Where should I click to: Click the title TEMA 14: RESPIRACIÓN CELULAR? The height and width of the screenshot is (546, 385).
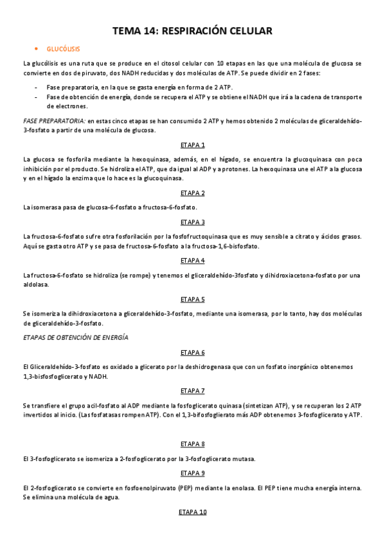pyautogui.click(x=192, y=30)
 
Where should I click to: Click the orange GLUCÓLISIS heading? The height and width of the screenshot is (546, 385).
pyautogui.click(x=64, y=49)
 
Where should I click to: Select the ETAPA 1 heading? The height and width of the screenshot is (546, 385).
pyautogui.click(x=193, y=145)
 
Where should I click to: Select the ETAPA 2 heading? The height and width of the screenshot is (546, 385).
pyautogui.click(x=193, y=193)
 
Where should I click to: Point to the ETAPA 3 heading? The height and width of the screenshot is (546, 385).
pyautogui.click(x=193, y=222)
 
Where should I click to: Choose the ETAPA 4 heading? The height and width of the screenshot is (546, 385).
pyautogui.click(x=193, y=261)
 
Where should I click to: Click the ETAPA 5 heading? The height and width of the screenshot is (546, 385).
pyautogui.click(x=193, y=299)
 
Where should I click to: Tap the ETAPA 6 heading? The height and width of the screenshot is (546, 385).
pyautogui.click(x=193, y=353)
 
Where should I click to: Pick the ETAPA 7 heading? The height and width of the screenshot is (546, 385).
pyautogui.click(x=193, y=391)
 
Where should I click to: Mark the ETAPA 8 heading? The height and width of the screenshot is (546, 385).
pyautogui.click(x=193, y=444)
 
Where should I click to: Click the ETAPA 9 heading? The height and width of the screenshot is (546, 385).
pyautogui.click(x=193, y=473)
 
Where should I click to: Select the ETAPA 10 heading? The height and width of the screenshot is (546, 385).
pyautogui.click(x=193, y=512)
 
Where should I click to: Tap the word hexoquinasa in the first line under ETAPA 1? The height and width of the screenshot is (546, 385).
pyautogui.click(x=148, y=159)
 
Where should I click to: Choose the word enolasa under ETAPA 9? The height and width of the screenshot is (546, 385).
pyautogui.click(x=248, y=487)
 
